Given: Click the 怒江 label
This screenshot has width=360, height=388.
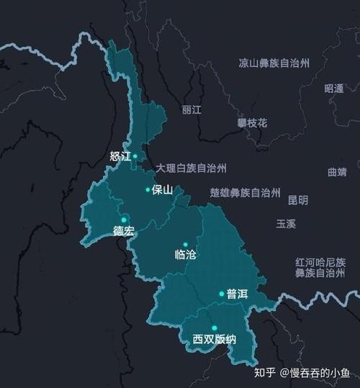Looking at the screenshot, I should coord(120,156).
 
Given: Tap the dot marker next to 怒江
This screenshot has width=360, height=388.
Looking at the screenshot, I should coord(135,155).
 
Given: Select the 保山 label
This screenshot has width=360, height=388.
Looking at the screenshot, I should coord(163,190).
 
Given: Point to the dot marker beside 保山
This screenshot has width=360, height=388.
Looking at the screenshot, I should coord(148,190).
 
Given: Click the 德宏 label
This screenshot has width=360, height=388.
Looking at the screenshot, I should coord(123,231).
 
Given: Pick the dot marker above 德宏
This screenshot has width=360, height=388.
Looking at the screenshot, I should coord(124,219).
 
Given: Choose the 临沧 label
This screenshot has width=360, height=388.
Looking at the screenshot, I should coord(185,255).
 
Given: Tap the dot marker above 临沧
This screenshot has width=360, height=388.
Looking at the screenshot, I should coord(185,244).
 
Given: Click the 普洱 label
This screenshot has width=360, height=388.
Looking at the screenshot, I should coord(237,294).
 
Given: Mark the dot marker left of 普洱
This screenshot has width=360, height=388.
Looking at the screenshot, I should coord(222,294).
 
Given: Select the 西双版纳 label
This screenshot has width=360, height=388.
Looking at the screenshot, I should coord(214,340).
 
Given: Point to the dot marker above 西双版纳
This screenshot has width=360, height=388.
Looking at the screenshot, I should coord(214,328).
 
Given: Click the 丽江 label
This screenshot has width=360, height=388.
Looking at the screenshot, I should coord(192,110).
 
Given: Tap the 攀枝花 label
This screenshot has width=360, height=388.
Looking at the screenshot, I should coord(252,123).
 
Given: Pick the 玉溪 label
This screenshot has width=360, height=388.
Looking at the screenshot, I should coord(286,224).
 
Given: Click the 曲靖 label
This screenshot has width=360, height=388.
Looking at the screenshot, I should coord(337,172).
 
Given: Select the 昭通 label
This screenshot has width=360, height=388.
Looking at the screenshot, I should coord(334,89).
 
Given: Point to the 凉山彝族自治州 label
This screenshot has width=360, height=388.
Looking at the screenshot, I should coord(274,63).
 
